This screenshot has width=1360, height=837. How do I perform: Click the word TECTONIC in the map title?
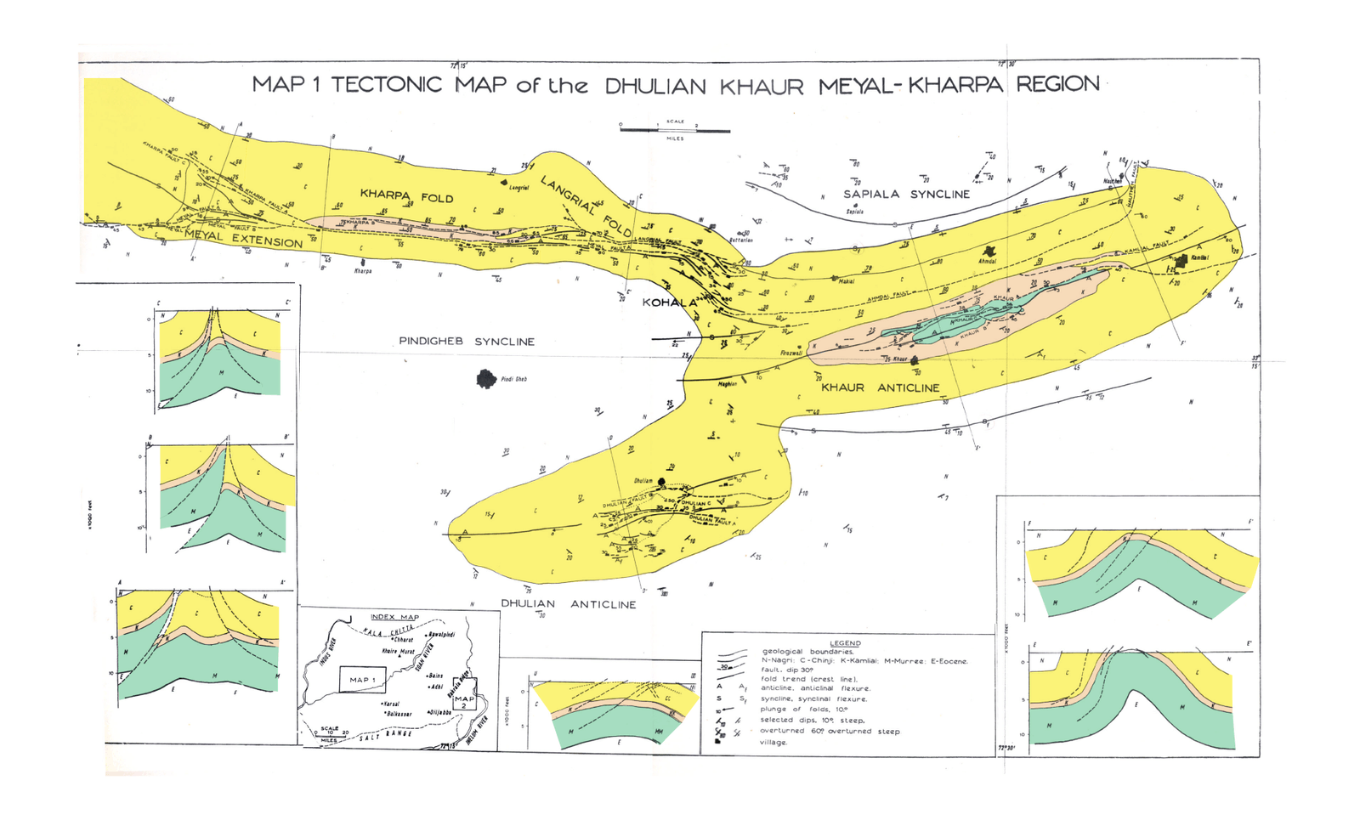pos(386,85)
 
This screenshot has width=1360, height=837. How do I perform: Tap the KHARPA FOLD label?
pos(406,196)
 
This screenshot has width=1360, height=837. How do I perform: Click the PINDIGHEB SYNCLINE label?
pos(467,342)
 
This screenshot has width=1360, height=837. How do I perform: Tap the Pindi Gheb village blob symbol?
pos(486,379)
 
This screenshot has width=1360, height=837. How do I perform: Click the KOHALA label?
pos(667,303)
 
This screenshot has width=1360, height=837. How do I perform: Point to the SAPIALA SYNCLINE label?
pos(906,195)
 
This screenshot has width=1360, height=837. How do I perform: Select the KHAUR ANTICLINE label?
pos(880,387)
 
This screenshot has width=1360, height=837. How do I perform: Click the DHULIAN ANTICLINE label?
pos(568,604)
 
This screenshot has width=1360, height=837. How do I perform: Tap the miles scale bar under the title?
pos(675,130)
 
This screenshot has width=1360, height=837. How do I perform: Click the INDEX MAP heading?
pos(394,617)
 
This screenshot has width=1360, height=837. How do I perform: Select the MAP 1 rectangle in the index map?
pos(362,679)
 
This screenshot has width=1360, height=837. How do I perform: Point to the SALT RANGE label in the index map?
pos(386,736)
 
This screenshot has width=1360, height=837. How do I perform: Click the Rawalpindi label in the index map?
pos(441,635)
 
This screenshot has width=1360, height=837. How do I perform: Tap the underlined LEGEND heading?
pos(845,643)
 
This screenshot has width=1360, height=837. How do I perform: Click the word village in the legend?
pos(773,742)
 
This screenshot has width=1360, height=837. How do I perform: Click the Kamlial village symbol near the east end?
pos(1181,259)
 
